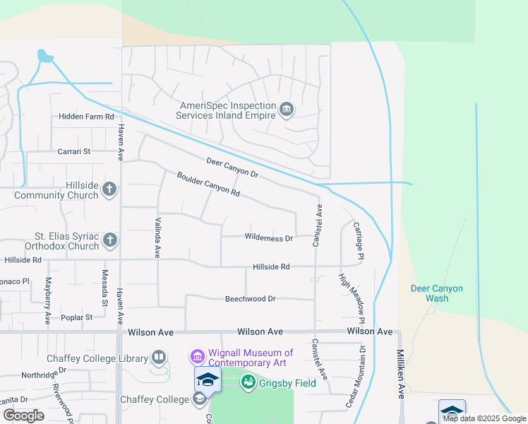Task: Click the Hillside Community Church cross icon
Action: click(109, 189)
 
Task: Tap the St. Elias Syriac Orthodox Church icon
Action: click(109, 240)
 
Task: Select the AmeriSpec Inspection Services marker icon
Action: click(287, 109)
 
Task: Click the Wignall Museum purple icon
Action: click(197, 357)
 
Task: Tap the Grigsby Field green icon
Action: click(248, 382)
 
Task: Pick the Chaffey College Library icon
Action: click(158, 358)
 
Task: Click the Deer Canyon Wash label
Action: click(437, 293)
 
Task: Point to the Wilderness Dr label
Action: click(268, 238)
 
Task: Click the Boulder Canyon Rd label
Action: click(209, 184)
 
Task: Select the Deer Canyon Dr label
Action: click(232, 167)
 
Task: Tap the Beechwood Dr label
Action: click(250, 299)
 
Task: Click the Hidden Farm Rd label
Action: click(86, 117)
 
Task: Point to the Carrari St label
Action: click(74, 151)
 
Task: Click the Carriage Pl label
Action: click(358, 242)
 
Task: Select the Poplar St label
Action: click(77, 318)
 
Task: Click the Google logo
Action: click(23, 416)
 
